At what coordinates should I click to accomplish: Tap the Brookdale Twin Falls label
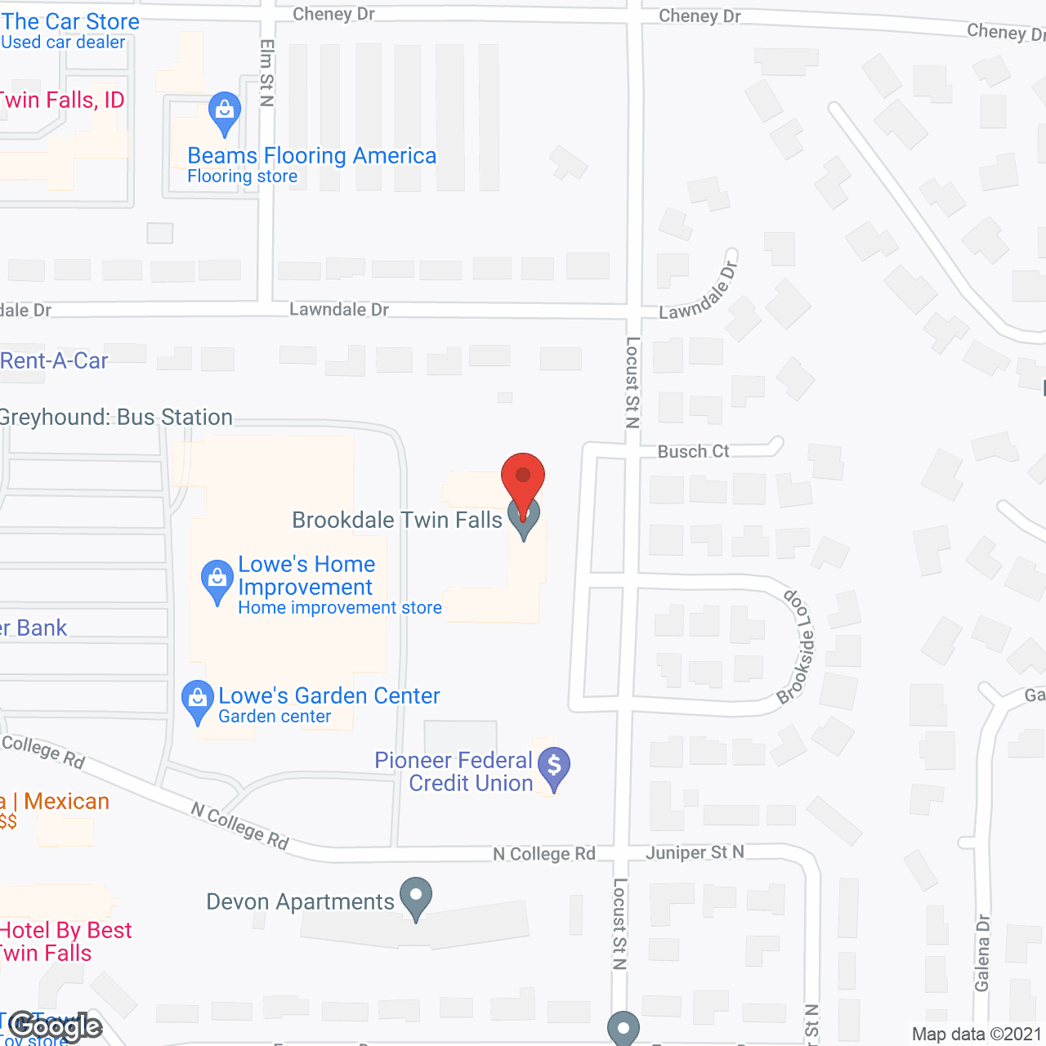pos(397,521)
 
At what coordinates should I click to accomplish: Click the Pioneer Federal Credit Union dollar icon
pos(554,767)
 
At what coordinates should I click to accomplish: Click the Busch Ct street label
pos(693,452)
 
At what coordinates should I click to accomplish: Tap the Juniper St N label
pos(695,853)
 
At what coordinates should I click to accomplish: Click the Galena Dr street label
pos(982,953)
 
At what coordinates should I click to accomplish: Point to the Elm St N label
pos(266,73)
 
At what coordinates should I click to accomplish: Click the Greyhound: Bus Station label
pos(116,418)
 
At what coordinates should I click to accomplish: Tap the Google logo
pos(56,1026)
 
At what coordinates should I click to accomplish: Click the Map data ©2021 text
pos(977,1035)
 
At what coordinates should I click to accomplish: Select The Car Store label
pos(70,22)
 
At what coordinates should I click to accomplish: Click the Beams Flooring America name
pos(311,156)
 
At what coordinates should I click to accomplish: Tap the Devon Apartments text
pos(300,902)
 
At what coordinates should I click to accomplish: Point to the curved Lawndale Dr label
pos(699,293)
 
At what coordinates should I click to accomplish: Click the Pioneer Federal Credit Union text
pos(454,772)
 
